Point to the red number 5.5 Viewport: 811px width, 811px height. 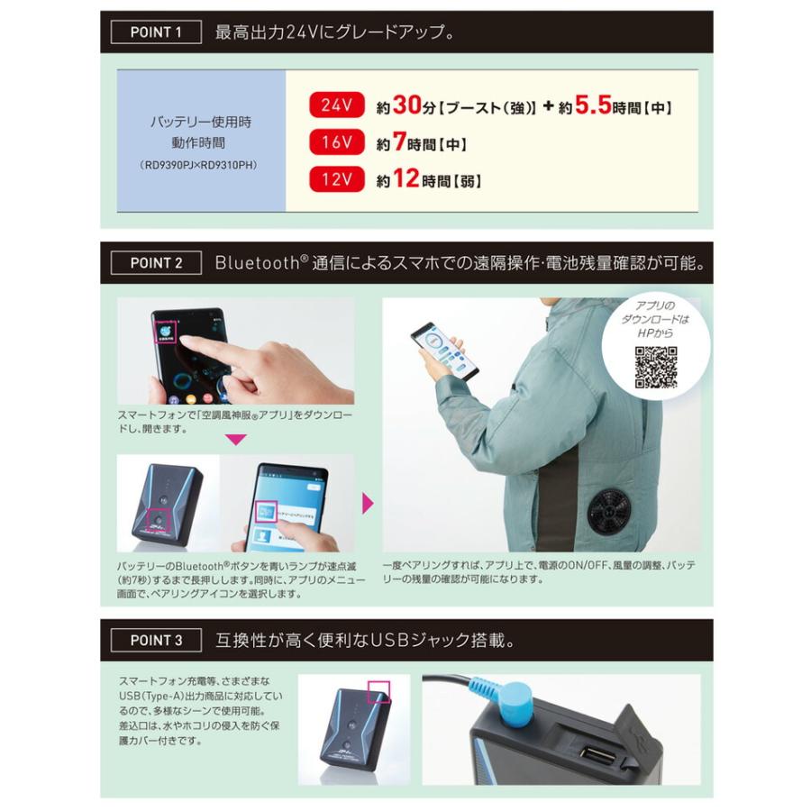pyautogui.click(x=593, y=105)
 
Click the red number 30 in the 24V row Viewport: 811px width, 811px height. pyautogui.click(x=408, y=105)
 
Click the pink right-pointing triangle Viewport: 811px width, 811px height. pyautogui.click(x=368, y=503)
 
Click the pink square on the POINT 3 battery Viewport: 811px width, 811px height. pyautogui.click(x=378, y=692)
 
